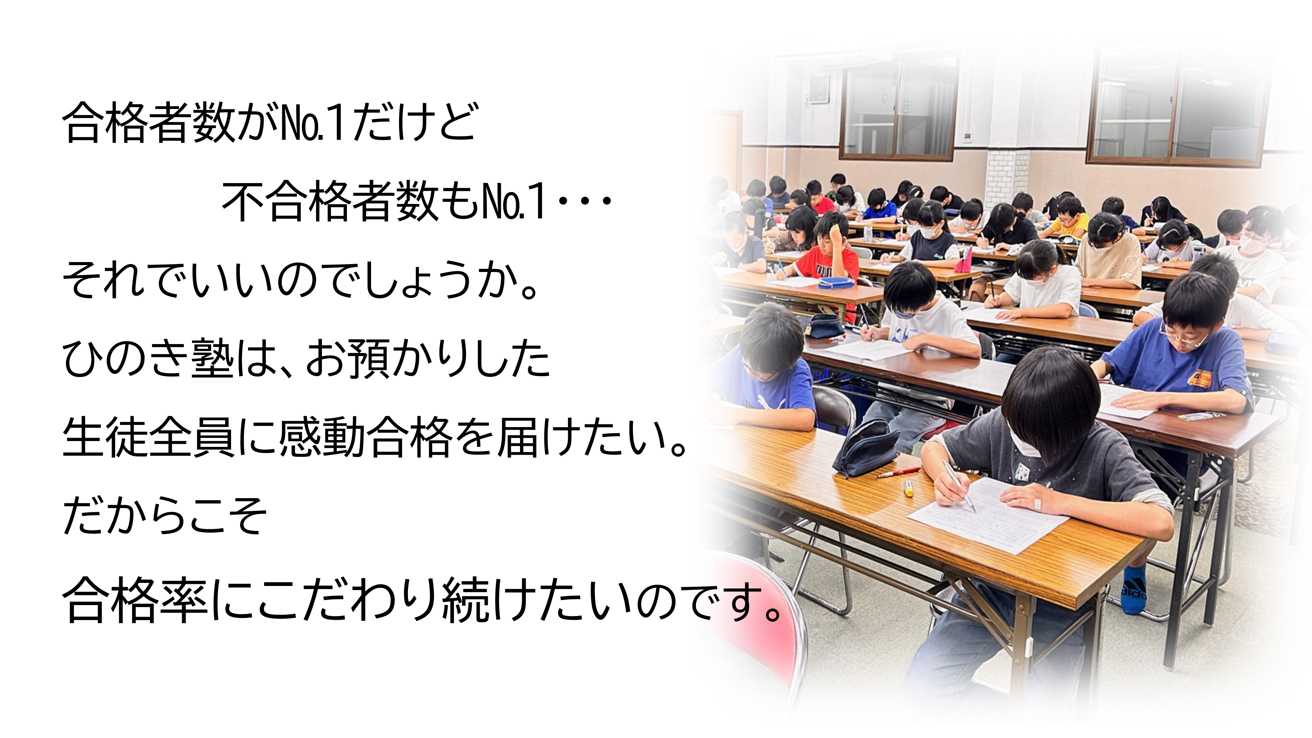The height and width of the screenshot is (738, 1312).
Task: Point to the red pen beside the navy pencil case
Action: click(x=899, y=472)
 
